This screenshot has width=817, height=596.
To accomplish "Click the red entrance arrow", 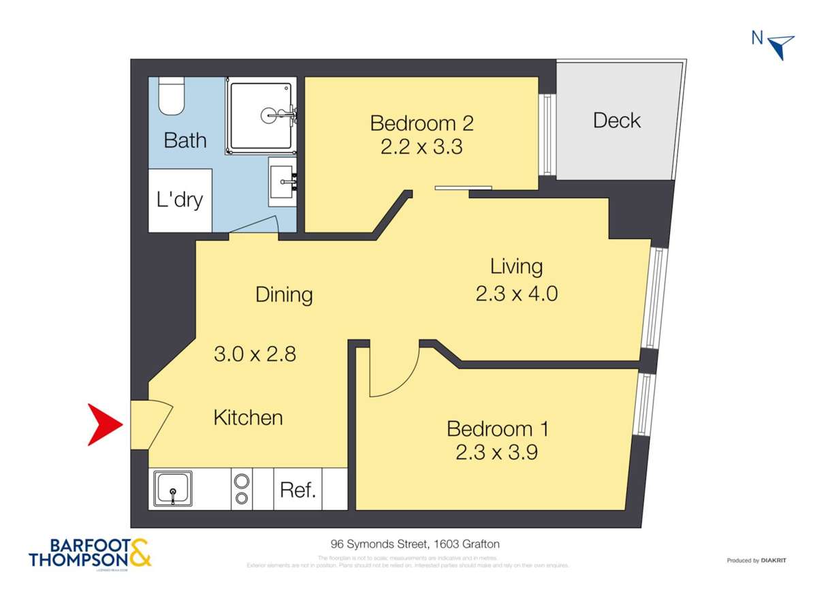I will tap(103, 424).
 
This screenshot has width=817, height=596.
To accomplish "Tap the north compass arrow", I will tap(782, 46).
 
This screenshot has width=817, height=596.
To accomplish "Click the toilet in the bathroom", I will tap(170, 97).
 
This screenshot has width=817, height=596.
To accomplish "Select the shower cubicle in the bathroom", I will tap(261, 115).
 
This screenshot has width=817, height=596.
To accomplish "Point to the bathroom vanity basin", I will tap(283, 181).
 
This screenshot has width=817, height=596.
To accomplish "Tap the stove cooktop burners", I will tap(242, 489).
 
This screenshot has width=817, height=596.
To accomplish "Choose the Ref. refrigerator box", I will tap(298, 490).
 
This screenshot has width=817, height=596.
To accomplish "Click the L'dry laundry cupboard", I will tap(180, 200).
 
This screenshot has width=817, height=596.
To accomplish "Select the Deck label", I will tap(617, 121).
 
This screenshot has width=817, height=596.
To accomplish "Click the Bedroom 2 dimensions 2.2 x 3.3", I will tap(421, 146).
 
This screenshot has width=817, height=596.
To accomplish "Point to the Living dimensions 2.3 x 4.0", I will tap(517, 294).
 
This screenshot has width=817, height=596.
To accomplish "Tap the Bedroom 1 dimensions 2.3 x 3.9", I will tap(497, 452).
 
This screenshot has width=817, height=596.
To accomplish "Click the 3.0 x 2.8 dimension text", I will tap(255, 354).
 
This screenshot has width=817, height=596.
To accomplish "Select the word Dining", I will tap(284, 295).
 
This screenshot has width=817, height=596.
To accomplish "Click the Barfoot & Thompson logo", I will tap(90, 553).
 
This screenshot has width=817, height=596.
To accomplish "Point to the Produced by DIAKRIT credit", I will tap(756, 561).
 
